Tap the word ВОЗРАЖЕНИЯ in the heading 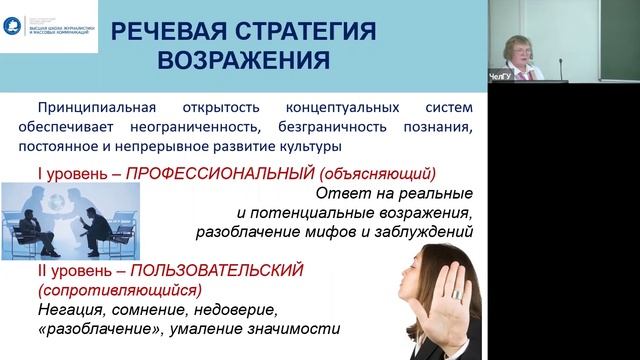(244, 60)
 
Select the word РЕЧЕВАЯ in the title (165, 31)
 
